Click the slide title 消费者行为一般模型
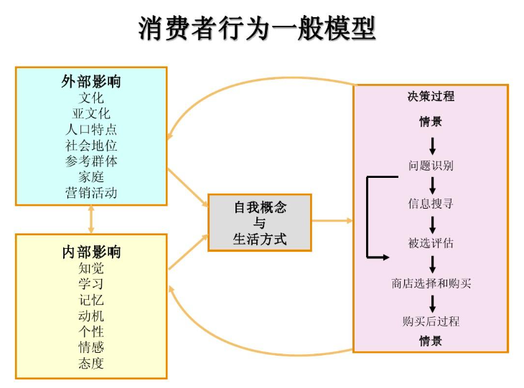pos(257,29)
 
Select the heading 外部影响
pos(91,81)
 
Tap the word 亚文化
pos(91,113)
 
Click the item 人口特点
pos(91,130)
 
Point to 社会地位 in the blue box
pos(91,146)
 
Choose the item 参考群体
pos(91,161)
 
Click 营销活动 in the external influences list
pos(91,193)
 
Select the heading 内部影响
pos(91,252)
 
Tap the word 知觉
pos(91,268)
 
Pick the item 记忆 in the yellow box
pos(91,300)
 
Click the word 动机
pos(91,316)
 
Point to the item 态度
pos(91,363)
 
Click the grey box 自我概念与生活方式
pos(260,222)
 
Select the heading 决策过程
pos(431,96)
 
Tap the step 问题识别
pos(431,166)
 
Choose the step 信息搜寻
pos(431,204)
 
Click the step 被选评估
pos(431,243)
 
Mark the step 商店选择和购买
pos(431,283)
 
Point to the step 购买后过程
pos(431,321)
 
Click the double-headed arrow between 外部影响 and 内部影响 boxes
pos(91,219)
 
